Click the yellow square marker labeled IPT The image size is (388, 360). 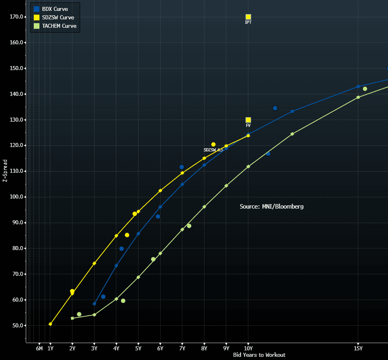[248, 17]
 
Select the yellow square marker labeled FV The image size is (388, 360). [248, 120]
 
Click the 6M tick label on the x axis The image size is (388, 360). [39, 348]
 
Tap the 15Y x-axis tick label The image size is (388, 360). [358, 348]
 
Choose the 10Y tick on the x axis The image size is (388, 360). [248, 348]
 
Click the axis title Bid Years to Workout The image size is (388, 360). [259, 355]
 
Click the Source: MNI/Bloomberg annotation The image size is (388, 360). [272, 207]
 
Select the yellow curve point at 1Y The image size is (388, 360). [50, 324]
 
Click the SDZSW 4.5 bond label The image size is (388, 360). [213, 150]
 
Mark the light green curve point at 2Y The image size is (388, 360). [72, 318]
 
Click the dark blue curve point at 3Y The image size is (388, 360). [95, 304]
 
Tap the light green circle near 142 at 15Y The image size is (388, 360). [365, 89]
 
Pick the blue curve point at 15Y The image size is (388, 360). [358, 87]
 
